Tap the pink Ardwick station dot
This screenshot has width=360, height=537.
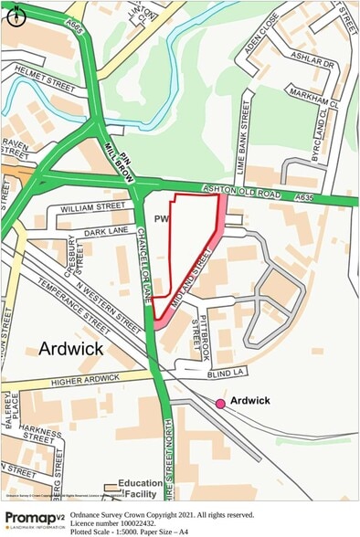[x=220, y=403]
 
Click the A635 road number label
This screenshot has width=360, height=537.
[x=305, y=196]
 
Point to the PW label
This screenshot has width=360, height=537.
[x=162, y=219]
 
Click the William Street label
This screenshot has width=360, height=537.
[x=91, y=208]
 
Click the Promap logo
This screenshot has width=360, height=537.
[x=35, y=519]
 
